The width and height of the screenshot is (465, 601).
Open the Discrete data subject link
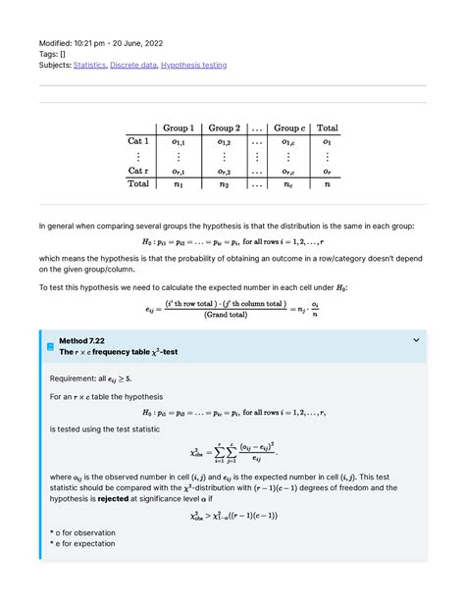[140, 65]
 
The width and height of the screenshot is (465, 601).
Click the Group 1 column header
[179, 127]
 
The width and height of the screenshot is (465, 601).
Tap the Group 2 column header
[224, 127]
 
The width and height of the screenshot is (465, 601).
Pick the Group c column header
[288, 127]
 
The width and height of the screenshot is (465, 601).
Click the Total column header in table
[327, 127]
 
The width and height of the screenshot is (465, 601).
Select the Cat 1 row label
[138, 141]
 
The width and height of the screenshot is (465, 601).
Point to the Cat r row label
[138, 171]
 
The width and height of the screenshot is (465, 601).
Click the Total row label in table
[138, 183]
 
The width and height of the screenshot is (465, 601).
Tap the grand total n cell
[327, 183]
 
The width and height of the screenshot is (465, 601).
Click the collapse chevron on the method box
[416, 340]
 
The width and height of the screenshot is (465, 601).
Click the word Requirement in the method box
[75, 376]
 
